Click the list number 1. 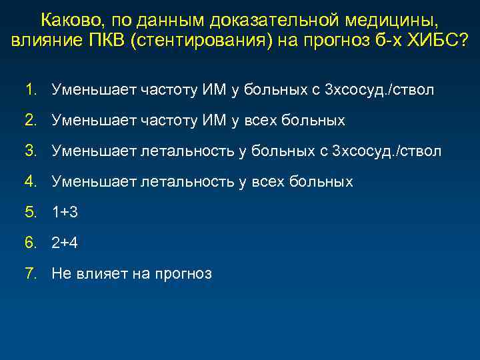[31, 90]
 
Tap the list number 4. [31, 181]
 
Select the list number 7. [31, 273]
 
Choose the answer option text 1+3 [65, 212]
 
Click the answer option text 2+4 [65, 243]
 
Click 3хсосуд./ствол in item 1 [379, 90]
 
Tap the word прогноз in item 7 [183, 273]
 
